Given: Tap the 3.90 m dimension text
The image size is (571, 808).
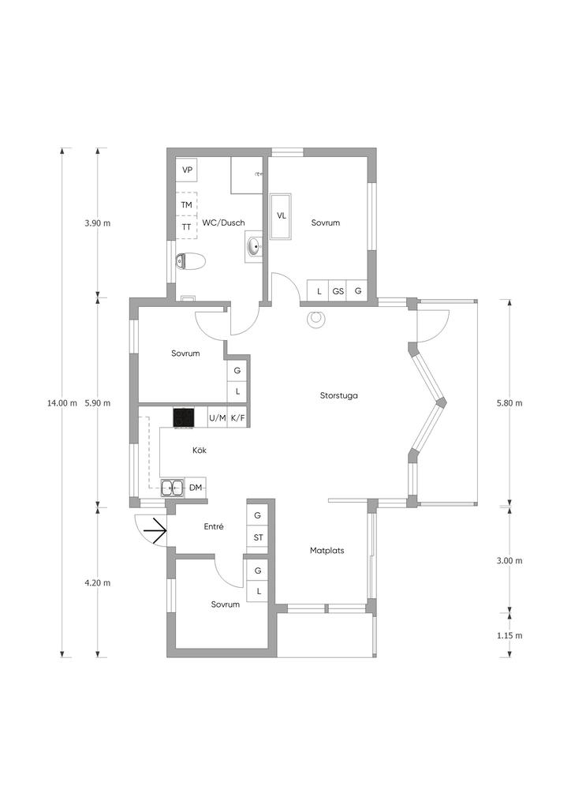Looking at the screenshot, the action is tap(97, 223).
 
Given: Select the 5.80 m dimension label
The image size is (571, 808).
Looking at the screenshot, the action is tap(509, 403).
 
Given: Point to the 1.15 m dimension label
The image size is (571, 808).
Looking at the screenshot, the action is tap(509, 635).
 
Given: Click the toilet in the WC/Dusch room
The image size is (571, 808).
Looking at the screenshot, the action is tap(190, 261).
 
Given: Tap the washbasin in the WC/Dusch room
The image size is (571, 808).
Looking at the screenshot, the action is tap(255, 247).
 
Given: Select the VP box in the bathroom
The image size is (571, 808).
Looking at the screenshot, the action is tap(188, 170).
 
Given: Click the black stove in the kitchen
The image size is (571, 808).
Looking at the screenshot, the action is tap(185, 417).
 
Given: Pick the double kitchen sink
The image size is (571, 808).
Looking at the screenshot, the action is tap(172, 487).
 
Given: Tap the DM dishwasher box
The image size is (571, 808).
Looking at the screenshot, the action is tap(196, 487).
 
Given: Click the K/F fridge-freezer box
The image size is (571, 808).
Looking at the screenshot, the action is tap(237, 417).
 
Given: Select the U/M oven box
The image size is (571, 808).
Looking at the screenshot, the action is tap(217, 417).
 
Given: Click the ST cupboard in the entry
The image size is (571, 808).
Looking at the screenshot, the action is tap(258, 537).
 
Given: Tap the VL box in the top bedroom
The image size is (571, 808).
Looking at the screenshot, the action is tap(281, 216).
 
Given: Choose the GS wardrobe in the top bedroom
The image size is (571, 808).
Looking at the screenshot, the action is tap(338, 290).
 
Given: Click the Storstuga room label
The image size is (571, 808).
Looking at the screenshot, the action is tap(339, 396).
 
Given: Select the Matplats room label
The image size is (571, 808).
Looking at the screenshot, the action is tap(327, 550).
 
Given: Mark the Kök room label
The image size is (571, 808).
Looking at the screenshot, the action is tap(200, 450).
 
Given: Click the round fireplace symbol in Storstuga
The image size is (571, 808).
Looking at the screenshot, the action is tap(315, 320).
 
